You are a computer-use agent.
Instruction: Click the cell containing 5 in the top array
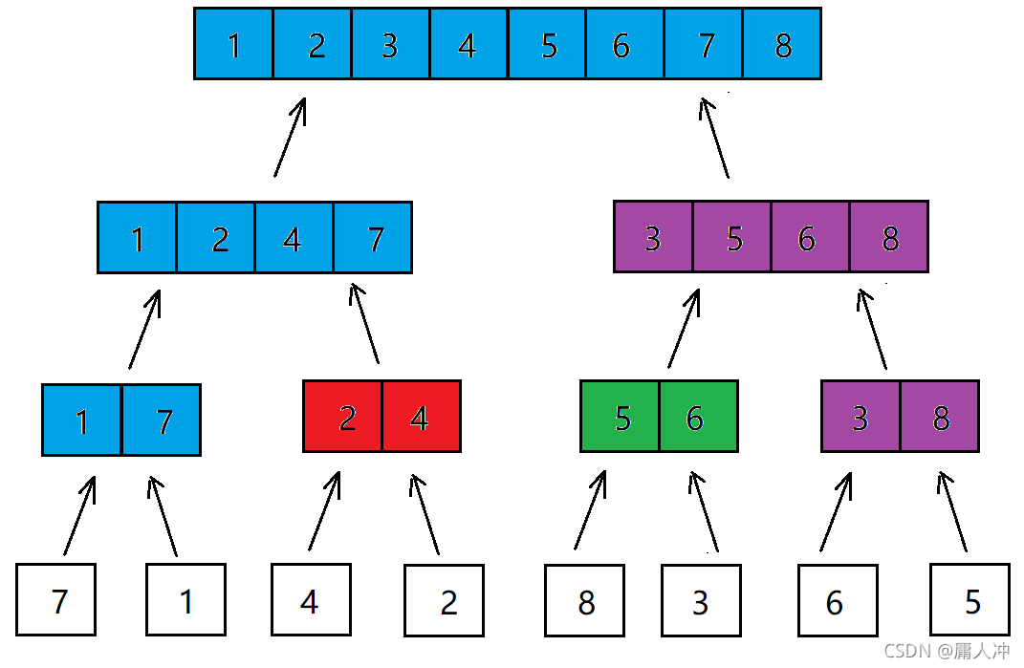click(547, 44)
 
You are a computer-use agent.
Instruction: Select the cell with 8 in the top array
click(782, 44)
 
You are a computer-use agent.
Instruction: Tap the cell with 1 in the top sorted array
click(234, 44)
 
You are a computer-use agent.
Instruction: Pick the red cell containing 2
click(343, 416)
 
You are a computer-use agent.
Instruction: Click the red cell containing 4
click(422, 416)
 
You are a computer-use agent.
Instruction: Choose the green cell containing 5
click(620, 416)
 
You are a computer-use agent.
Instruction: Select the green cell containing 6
click(699, 416)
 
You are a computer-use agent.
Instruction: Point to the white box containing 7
click(56, 599)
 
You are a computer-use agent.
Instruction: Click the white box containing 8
click(584, 600)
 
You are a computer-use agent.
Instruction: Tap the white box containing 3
click(702, 600)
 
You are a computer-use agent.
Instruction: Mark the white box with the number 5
click(970, 600)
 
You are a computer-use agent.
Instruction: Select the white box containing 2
click(444, 600)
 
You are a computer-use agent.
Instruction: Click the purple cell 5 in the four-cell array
click(732, 236)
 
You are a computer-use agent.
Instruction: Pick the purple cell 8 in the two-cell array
click(940, 416)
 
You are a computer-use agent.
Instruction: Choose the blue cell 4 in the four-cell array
click(294, 238)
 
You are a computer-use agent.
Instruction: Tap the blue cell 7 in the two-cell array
click(162, 420)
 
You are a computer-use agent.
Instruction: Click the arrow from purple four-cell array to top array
click(714, 138)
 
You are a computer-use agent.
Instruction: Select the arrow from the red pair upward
click(364, 323)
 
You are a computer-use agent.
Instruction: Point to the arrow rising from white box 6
click(836, 512)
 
